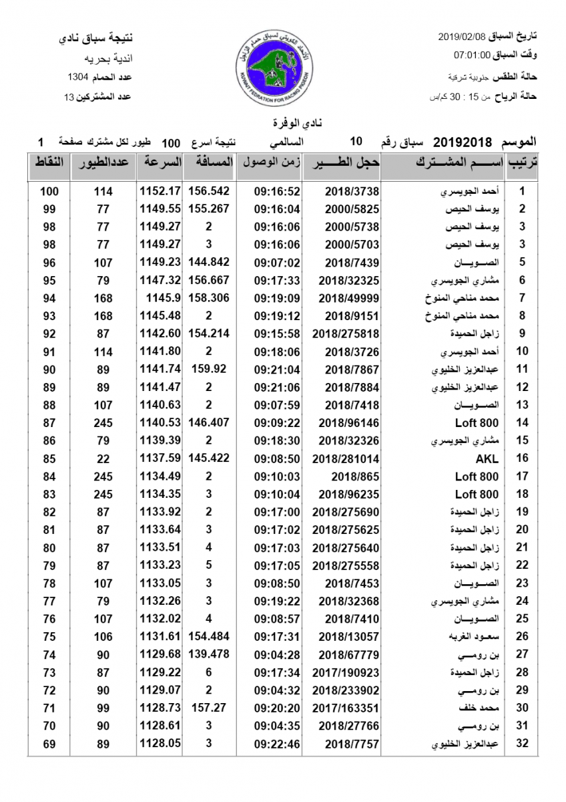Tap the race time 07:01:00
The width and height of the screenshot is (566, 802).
click(x=473, y=54)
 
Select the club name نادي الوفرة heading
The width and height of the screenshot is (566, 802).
click(x=283, y=124)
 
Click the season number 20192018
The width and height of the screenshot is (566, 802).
click(x=463, y=142)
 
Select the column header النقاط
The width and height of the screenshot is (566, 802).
click(x=49, y=162)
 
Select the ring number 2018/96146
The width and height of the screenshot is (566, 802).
click(x=348, y=422)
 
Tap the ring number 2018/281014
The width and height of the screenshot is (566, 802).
click(x=345, y=458)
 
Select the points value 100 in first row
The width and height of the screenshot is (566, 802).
click(x=49, y=191)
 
